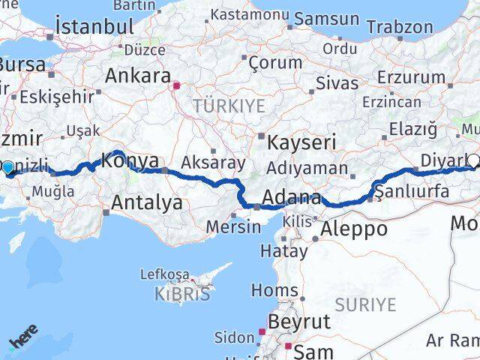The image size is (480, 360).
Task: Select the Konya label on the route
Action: click(130, 160)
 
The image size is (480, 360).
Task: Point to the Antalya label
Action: click(146, 202)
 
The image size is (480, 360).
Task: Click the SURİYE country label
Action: click(365, 304)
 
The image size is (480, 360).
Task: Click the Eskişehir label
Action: click(56, 96)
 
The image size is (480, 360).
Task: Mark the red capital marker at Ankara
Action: click(176, 85)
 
